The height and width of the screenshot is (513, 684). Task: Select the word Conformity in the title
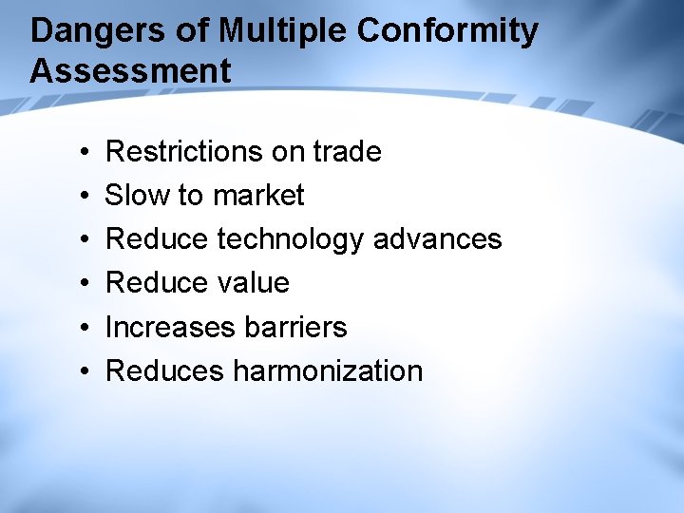447,31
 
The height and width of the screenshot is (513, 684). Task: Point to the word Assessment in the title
130,71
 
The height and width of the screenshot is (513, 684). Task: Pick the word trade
347,151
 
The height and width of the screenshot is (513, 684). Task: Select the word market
258,195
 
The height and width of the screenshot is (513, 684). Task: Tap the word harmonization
328,370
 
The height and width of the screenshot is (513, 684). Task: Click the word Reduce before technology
157,238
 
